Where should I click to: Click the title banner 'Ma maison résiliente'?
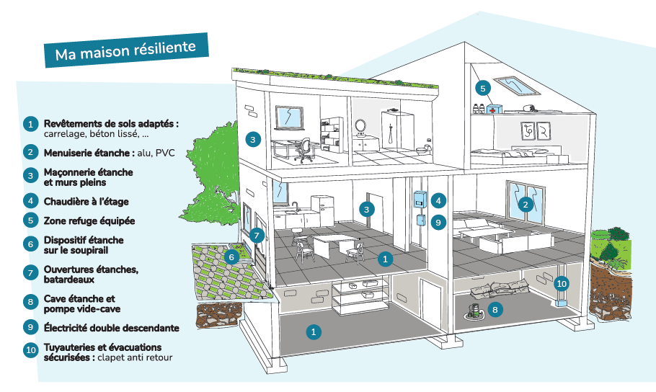125,51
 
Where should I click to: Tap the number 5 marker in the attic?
483,88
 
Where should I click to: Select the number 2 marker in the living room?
527,204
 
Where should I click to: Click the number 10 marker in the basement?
562,283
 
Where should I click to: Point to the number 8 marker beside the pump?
494,309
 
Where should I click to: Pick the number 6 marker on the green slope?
231,256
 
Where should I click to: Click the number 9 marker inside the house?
438,223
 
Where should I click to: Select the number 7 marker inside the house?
257,235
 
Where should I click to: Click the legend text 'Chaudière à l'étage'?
87,202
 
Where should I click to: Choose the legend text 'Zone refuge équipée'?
89,220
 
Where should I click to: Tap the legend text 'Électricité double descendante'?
111,327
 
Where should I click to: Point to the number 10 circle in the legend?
30,352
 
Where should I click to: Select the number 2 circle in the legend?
30,152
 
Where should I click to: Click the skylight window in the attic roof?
515,84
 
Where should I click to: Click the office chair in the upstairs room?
306,149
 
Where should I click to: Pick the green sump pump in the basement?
473,311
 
